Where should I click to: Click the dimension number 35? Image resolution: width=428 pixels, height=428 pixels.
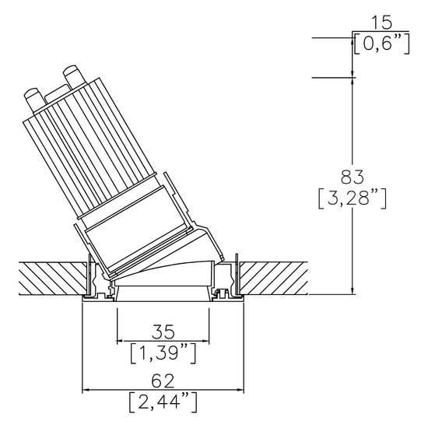click(163, 329)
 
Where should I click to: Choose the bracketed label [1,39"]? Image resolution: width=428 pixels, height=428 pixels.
click(163, 353)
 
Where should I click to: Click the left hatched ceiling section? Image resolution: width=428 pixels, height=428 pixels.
click(47, 277)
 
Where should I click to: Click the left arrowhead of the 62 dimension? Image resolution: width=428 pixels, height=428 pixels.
click(86, 390)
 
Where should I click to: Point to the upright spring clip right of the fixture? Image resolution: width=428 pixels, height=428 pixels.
click(236, 265)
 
